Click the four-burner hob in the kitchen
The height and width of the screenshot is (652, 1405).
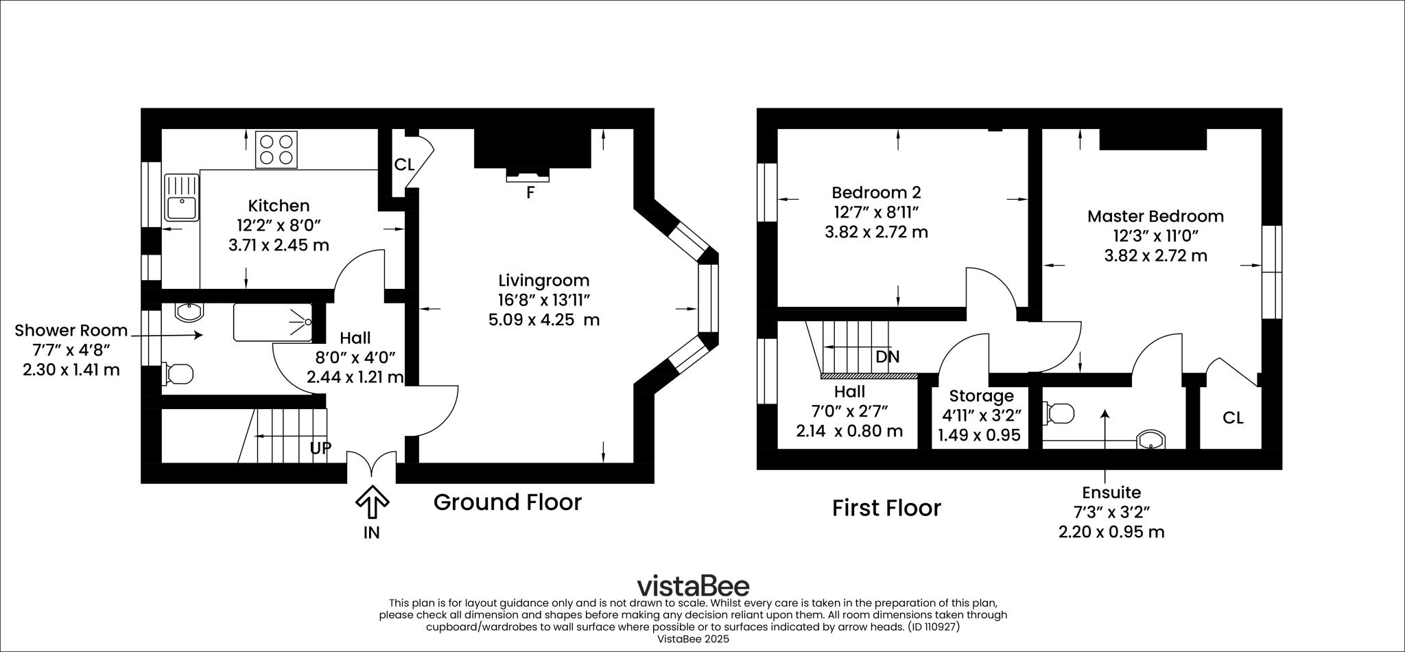point(276,150)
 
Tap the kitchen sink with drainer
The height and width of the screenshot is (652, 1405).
point(181,197)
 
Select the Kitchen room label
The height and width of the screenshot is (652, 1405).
point(279,206)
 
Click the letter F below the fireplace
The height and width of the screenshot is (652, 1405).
point(530,194)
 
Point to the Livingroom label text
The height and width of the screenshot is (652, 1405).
point(544,281)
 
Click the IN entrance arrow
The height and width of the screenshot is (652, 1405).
point(372,502)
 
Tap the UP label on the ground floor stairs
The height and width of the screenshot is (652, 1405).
point(320,448)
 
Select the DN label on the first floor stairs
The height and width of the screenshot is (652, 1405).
point(888,357)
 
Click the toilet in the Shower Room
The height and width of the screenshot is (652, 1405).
point(178,374)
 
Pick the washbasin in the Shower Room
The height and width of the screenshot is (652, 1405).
point(189,312)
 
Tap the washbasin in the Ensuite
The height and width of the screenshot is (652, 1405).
point(1151,440)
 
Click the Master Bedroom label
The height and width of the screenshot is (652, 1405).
point(1155,216)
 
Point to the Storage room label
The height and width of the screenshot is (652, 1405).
point(981,396)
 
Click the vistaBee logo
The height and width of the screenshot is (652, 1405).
point(693,587)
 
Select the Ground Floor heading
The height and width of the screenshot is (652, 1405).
point(508,502)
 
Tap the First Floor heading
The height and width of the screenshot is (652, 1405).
point(886,509)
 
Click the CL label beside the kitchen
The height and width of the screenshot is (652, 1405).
point(404,165)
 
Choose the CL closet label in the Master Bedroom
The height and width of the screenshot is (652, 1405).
point(1233,418)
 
